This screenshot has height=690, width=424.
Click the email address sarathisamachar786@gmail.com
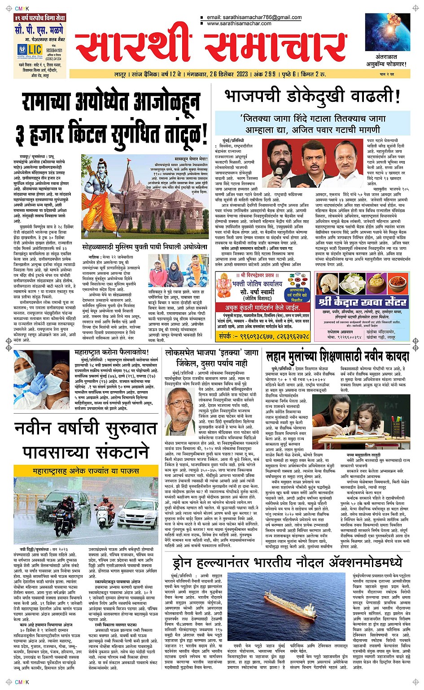(254, 17)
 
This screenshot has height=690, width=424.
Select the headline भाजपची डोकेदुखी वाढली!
(312, 96)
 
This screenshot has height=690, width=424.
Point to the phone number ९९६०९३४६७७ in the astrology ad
(252, 336)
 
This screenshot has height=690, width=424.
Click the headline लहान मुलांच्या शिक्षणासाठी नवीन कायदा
(337, 356)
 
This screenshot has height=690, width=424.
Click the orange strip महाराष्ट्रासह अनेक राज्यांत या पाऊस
(80, 471)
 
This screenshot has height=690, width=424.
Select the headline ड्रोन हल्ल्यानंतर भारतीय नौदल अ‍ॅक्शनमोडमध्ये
(288, 562)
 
